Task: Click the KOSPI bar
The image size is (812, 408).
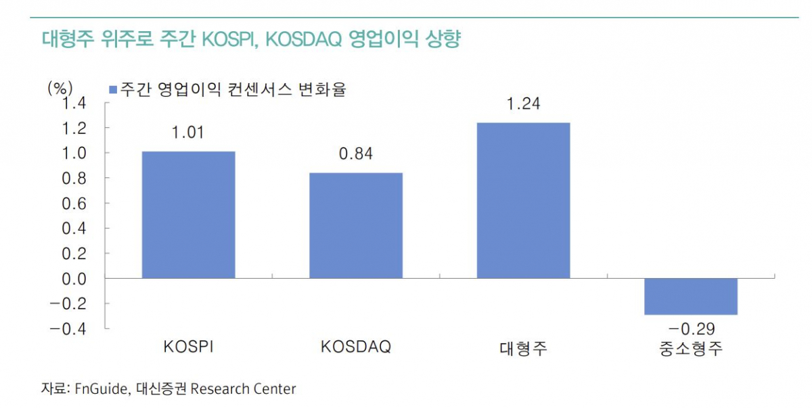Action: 188,214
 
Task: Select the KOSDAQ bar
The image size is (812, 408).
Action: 356,225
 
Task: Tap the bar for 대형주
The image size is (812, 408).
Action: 523,200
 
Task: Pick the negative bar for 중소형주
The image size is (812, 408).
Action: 690,296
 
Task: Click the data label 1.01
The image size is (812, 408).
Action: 188,133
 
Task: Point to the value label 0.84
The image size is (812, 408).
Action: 356,154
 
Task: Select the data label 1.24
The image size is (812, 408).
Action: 523,104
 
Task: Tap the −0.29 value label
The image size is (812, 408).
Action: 690,330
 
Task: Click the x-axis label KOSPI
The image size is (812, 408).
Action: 188,347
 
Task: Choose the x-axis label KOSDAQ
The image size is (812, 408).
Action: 356,347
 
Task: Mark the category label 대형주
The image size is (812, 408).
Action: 523,349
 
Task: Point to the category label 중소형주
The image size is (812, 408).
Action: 690,349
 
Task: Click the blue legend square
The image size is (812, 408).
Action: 113,89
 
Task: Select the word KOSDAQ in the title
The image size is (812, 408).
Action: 301,39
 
